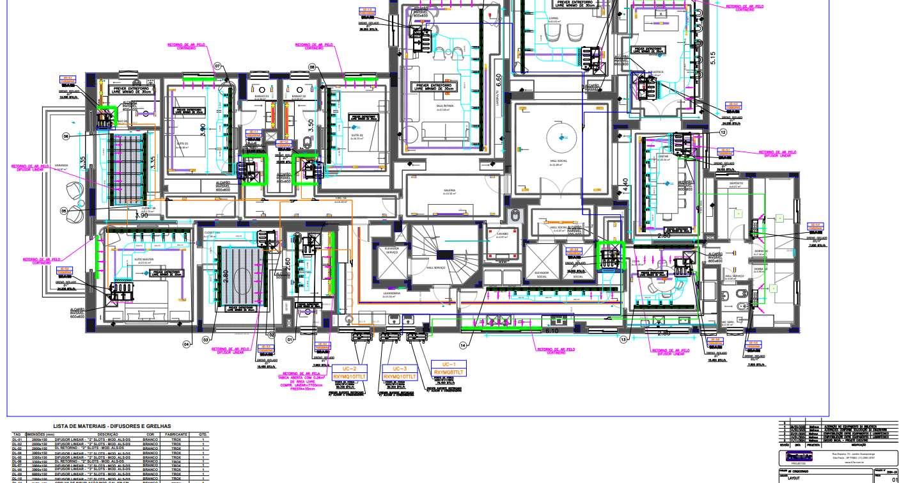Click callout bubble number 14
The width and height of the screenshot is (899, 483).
[463, 345]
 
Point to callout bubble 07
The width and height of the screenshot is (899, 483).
[217, 67]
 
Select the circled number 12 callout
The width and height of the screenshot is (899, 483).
[723, 132]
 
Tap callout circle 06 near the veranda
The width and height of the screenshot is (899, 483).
[66, 136]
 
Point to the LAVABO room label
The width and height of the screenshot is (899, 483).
[501, 234]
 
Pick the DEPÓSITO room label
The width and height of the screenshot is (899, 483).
[737, 184]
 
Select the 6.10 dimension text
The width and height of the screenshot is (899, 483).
[551, 331]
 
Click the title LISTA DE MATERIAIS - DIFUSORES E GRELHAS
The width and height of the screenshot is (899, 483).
[112, 425]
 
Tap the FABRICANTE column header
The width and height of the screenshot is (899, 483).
[176, 434]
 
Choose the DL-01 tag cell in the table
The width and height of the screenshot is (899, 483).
[17, 440]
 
